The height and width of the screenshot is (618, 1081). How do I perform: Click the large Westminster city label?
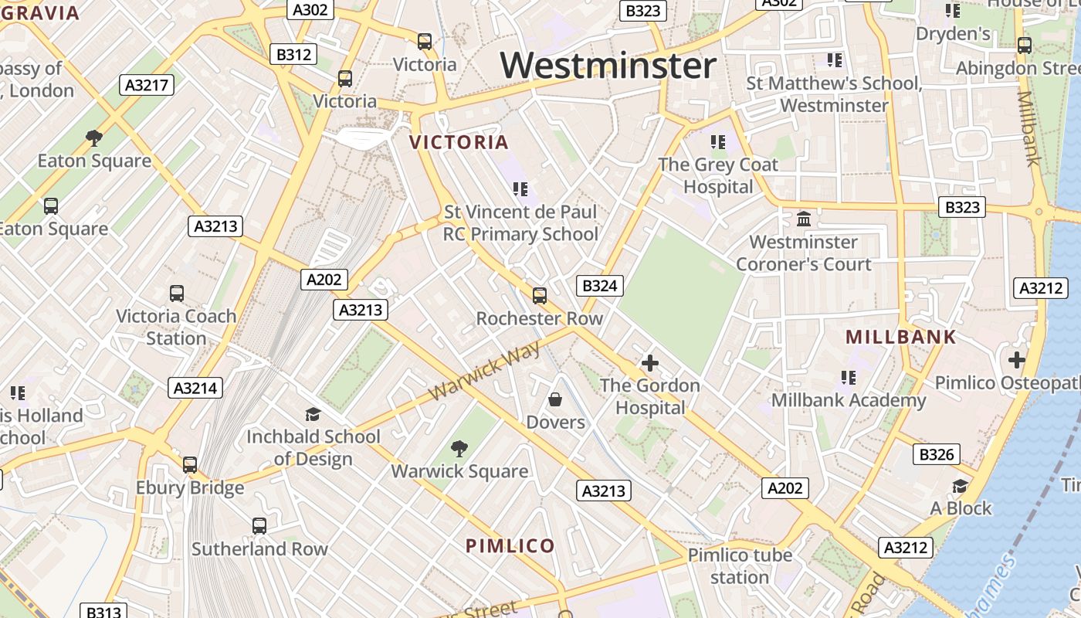608,65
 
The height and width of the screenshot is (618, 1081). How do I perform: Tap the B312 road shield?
293,54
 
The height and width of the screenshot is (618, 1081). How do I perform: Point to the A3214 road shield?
195,388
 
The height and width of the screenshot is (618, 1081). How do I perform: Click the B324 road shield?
600,286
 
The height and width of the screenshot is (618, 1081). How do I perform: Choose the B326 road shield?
937,454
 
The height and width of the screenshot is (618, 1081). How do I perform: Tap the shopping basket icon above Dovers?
555,399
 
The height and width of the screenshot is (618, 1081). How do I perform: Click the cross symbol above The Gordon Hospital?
650,362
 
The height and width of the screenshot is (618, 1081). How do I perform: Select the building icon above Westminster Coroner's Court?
804,219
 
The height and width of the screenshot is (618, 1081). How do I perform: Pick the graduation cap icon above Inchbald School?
313,414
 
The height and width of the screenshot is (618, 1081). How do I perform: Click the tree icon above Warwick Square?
459,448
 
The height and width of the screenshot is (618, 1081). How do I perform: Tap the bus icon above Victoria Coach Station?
177,293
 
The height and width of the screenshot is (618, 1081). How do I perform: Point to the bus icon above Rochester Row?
540,295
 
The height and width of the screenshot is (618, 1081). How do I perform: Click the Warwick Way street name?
485,372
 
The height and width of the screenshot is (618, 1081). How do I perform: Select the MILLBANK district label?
900,337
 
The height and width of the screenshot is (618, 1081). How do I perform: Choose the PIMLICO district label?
510,545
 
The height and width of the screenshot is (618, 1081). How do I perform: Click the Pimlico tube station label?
740,565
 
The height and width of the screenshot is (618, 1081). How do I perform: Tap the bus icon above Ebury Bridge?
190,464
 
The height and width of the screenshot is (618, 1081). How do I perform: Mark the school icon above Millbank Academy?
849,377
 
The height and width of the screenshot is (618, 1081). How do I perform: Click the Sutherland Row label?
259,548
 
